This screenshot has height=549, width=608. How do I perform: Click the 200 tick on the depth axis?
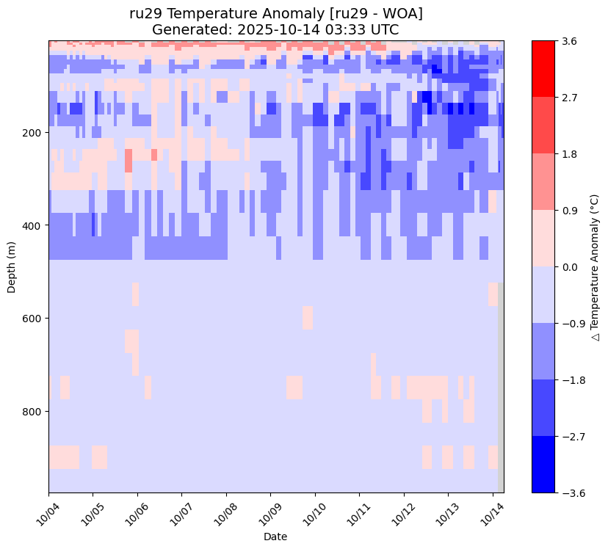click(x=32, y=133)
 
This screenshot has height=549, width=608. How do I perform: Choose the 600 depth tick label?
click(x=32, y=319)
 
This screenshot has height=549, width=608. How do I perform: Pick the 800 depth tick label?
click(x=32, y=412)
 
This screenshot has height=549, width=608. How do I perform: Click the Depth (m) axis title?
click(x=12, y=267)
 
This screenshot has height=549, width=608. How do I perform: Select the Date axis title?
click(x=275, y=537)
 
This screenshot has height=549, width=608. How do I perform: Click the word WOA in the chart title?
click(x=402, y=14)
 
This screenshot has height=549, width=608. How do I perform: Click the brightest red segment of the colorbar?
click(x=543, y=69)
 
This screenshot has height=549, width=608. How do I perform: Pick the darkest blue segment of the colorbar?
click(x=543, y=465)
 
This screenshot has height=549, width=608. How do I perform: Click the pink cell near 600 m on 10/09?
click(x=307, y=318)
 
